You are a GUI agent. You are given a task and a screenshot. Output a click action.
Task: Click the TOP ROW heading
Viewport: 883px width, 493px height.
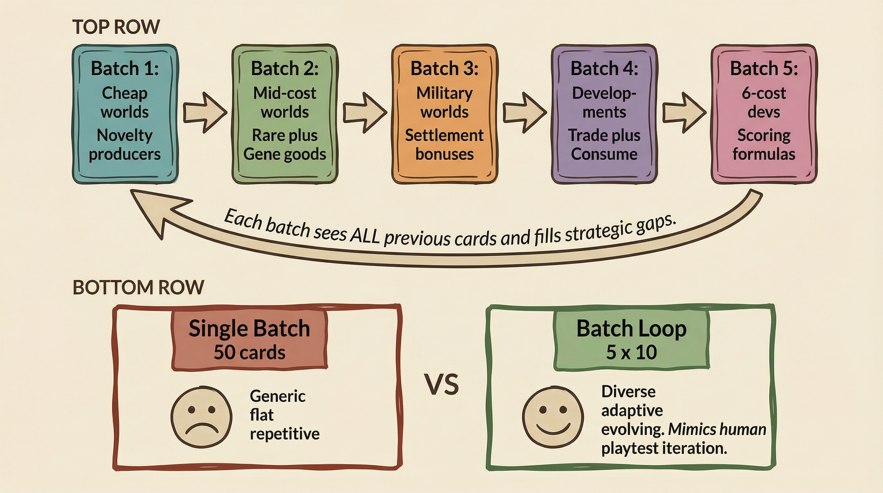[116, 27]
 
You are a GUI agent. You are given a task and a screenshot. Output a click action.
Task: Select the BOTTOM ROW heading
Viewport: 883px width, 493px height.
[138, 287]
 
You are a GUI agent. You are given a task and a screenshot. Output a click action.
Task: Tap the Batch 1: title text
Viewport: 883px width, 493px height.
[125, 68]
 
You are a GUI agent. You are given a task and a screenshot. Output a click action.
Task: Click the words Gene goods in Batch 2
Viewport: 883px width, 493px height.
[285, 154]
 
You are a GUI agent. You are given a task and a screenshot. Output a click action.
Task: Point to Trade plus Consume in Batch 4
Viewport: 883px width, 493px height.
[604, 144]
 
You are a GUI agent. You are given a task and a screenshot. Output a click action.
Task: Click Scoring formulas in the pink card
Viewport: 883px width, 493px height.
[764, 144]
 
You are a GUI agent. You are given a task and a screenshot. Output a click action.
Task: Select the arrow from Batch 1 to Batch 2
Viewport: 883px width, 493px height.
[205, 112]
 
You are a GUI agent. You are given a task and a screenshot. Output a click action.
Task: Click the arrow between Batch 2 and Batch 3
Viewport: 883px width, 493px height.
[364, 112]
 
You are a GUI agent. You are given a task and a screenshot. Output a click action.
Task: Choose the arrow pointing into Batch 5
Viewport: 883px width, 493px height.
[684, 112]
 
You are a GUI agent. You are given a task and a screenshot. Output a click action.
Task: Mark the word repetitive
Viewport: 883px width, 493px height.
[285, 434]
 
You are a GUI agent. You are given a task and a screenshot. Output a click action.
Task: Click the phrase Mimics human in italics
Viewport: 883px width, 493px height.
[717, 429]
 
